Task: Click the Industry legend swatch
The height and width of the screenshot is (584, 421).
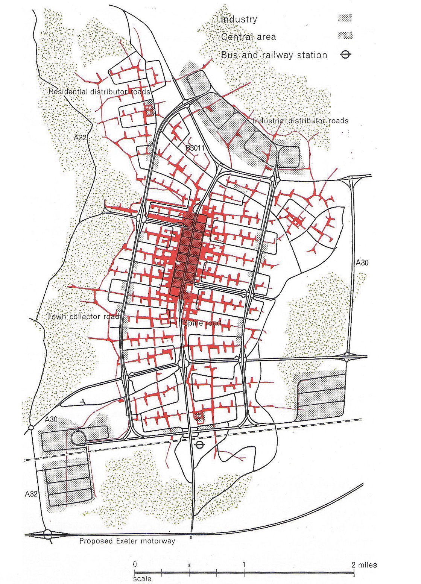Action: (x=345, y=18)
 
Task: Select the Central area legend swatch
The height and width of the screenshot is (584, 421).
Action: (x=345, y=36)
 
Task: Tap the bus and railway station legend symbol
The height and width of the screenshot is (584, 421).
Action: (x=345, y=55)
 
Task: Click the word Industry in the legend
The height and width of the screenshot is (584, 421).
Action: (x=239, y=19)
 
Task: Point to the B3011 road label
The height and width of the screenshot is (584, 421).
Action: (x=195, y=148)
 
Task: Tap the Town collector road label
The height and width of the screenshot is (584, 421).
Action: (x=83, y=317)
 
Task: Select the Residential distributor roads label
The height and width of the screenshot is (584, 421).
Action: (x=100, y=92)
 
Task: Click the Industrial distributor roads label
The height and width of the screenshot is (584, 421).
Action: (x=300, y=121)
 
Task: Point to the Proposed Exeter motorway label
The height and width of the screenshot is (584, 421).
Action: (x=127, y=541)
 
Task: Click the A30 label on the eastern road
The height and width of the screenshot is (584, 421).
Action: (x=362, y=262)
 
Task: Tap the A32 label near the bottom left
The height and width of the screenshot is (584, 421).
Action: (x=31, y=494)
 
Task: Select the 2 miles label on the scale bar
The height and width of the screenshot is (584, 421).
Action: (x=364, y=565)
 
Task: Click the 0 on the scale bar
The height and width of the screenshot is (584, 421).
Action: (x=135, y=565)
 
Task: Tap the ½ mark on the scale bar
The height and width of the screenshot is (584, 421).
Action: (x=189, y=565)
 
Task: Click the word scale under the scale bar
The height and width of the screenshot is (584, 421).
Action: (x=142, y=579)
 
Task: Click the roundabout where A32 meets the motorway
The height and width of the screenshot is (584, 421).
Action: (x=47, y=534)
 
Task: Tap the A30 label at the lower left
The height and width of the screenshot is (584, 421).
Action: (x=51, y=419)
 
